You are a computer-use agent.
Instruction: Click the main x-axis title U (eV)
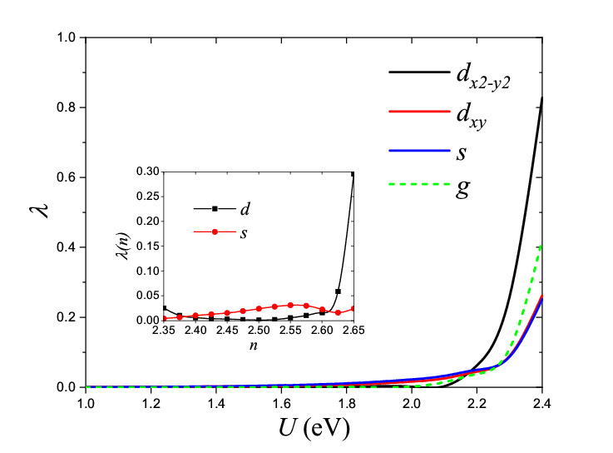tap(312, 430)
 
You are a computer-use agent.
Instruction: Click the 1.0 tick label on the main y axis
tap(64, 37)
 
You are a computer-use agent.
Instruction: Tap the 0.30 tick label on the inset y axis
tap(147, 172)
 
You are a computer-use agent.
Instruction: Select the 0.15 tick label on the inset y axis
tap(147, 246)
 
